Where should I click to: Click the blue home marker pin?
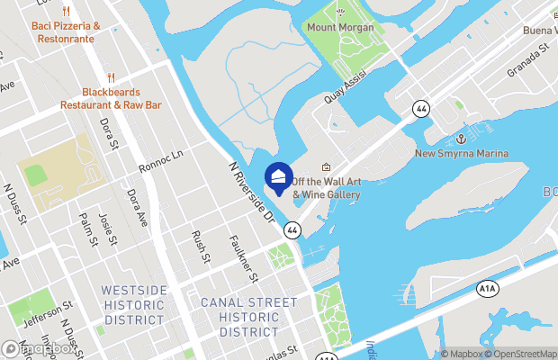pyautogui.click(x=279, y=177)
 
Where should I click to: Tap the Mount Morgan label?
pyautogui.click(x=340, y=27)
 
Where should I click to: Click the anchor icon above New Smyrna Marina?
pyautogui.click(x=460, y=139)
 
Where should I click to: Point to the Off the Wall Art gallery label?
pyautogui.click(x=326, y=187)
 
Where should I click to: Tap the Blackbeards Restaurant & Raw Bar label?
pyautogui.click(x=111, y=98)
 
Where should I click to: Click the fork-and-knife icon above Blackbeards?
pyautogui.click(x=111, y=77)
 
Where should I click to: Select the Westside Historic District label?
pyautogui.click(x=134, y=304)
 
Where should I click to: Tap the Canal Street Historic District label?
pyautogui.click(x=247, y=317)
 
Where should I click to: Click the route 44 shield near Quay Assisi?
pyautogui.click(x=421, y=108)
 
